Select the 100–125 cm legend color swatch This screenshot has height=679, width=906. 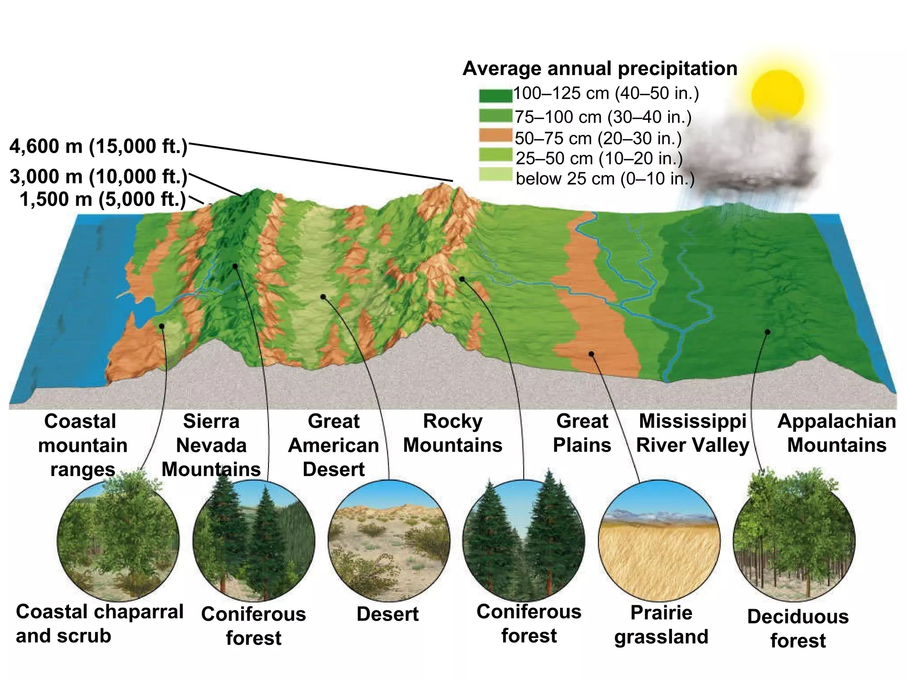495,95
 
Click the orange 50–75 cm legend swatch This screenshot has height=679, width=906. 495,135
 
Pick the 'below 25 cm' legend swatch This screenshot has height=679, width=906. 495,175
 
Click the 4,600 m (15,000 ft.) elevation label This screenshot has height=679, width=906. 99,146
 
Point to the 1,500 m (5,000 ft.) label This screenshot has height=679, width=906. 103,199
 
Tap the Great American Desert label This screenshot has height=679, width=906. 334,445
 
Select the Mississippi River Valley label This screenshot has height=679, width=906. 693,433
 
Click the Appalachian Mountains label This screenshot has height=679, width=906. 837,433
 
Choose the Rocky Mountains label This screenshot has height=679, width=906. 453,433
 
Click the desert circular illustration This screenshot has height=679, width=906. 389,541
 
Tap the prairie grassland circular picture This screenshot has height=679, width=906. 659,541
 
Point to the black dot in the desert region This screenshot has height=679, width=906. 323,297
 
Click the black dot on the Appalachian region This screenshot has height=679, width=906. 768,332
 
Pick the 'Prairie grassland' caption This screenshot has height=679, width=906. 661,625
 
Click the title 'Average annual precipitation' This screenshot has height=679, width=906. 600,69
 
